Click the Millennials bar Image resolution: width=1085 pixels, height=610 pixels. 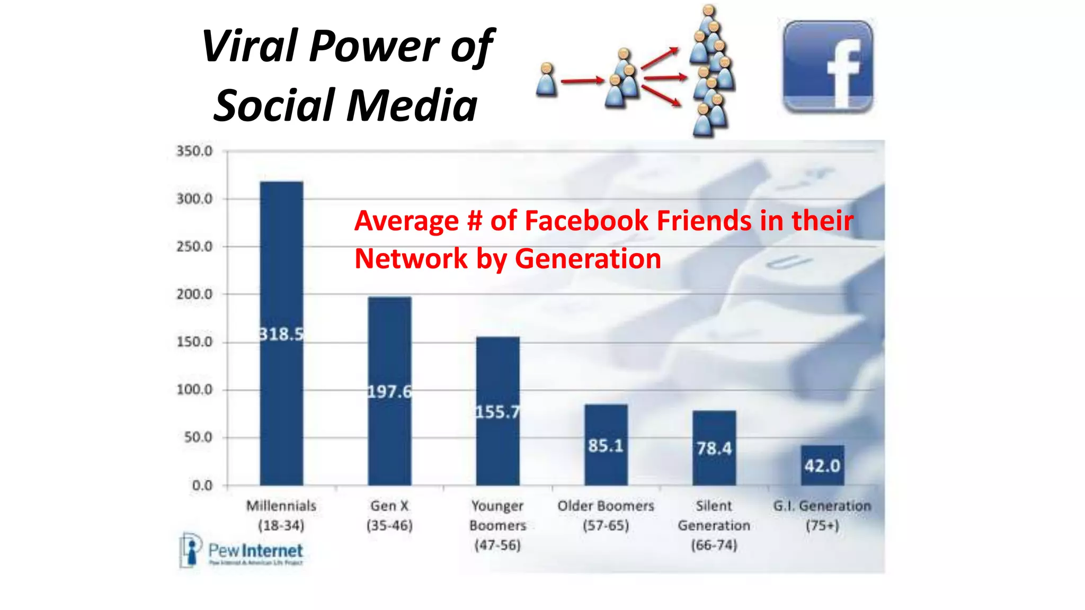(x=281, y=334)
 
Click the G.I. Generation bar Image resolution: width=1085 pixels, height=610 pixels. (x=822, y=465)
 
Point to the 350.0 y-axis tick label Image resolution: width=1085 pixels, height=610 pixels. (x=194, y=151)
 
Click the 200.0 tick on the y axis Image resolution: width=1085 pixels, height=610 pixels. (x=194, y=294)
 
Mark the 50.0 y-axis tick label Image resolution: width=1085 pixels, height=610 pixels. (x=198, y=437)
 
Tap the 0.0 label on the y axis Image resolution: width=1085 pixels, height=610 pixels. (x=202, y=485)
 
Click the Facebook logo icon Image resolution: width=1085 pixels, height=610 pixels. (x=828, y=67)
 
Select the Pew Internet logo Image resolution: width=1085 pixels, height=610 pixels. (x=242, y=551)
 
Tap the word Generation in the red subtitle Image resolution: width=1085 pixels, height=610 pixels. (x=588, y=259)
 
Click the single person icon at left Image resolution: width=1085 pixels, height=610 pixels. (x=546, y=80)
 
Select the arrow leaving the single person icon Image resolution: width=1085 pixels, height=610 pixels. (x=582, y=81)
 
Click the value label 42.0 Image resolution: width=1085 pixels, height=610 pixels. (x=822, y=466)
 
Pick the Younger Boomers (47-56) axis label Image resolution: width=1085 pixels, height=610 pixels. (x=497, y=525)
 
